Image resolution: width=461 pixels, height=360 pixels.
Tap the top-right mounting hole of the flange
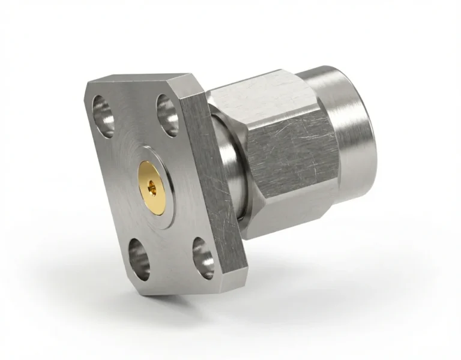click(x=167, y=113)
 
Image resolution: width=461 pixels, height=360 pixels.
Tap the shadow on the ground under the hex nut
click(x=312, y=252)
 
